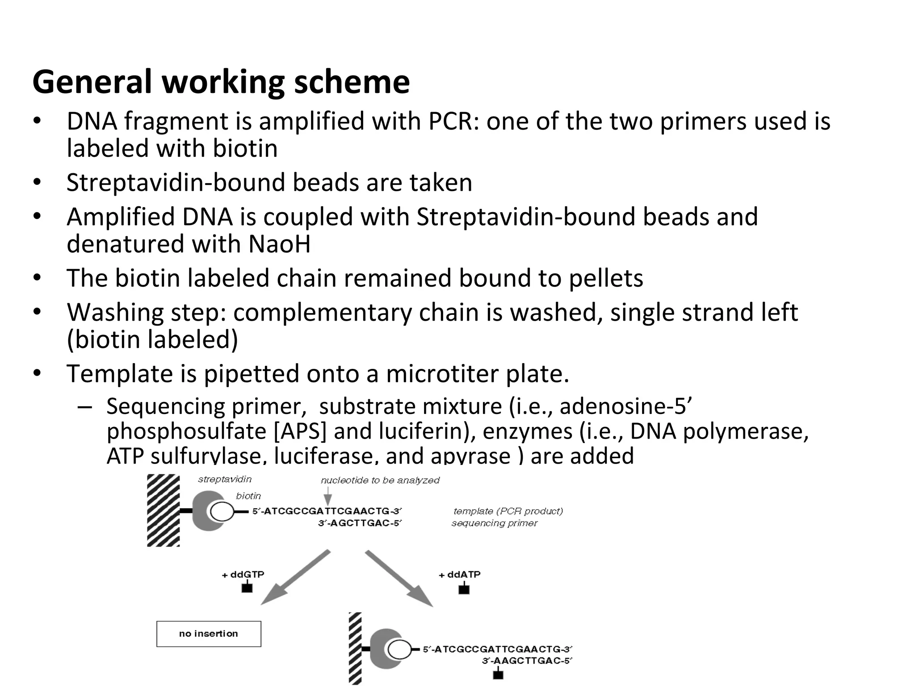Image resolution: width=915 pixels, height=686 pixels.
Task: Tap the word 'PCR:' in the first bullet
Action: [x=454, y=121]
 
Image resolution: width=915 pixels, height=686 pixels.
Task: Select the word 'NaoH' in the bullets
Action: [x=279, y=244]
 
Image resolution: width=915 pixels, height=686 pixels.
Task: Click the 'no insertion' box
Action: [x=209, y=633]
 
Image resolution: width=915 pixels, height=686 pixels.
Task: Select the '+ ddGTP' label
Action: [x=243, y=574]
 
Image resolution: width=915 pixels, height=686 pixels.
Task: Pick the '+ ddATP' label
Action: [x=460, y=574]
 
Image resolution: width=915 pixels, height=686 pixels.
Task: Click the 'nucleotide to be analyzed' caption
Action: [x=380, y=480]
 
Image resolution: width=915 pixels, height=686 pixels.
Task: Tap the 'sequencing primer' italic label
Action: [x=494, y=523]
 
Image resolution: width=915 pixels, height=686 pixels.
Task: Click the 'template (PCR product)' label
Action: [x=508, y=511]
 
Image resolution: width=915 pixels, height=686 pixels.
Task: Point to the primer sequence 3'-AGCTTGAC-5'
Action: [x=360, y=523]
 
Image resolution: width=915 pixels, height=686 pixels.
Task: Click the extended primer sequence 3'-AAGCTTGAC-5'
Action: [x=527, y=661]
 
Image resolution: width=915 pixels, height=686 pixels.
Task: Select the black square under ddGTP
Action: [x=247, y=587]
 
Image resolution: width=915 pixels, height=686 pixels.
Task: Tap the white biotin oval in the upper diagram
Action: [x=222, y=512]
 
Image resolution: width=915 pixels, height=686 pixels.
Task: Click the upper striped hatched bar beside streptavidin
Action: [x=164, y=510]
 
